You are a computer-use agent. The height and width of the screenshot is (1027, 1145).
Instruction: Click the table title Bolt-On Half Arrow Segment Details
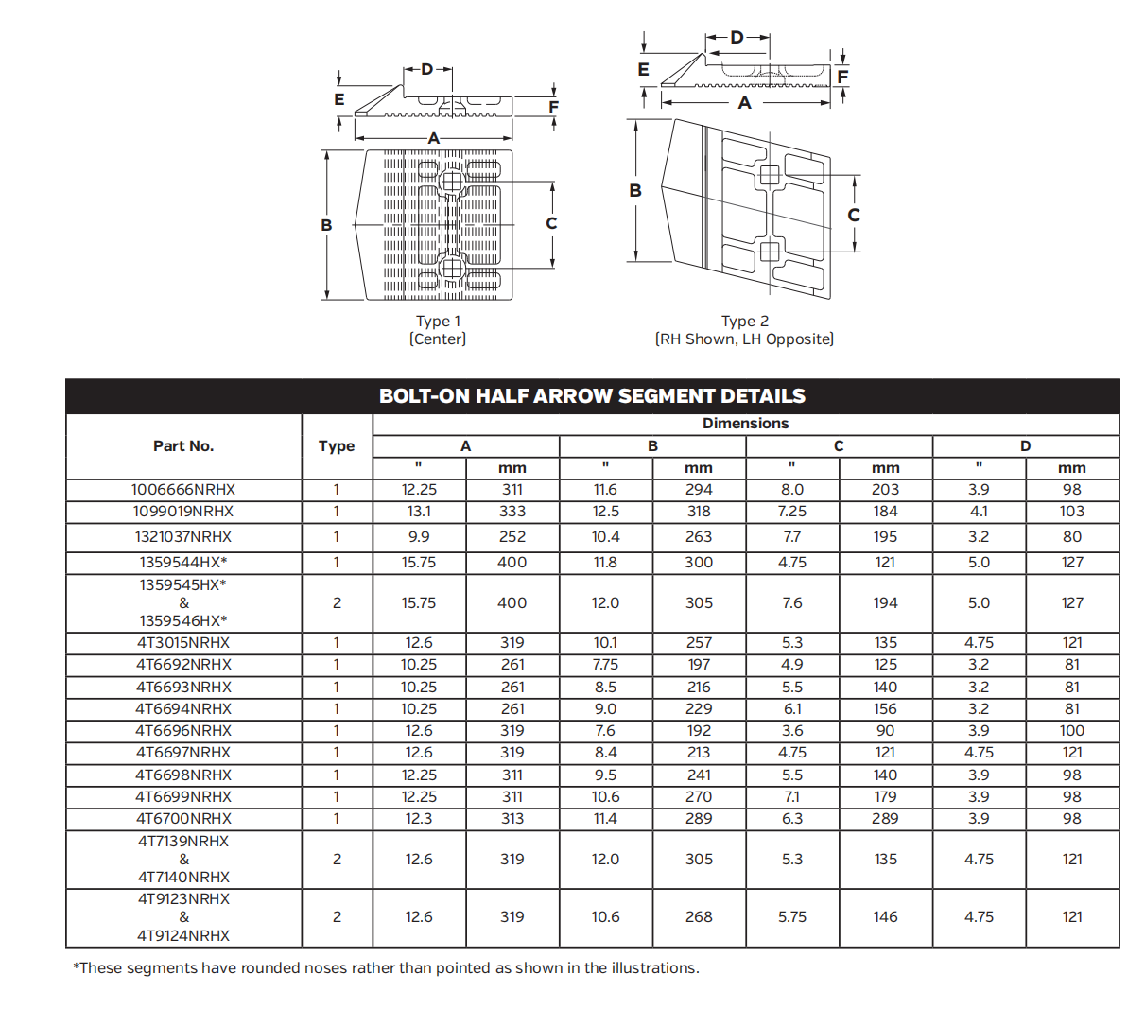[592, 396]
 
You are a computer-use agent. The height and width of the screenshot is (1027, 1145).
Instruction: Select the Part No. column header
[183, 446]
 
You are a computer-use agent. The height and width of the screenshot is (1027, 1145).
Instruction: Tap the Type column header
[337, 446]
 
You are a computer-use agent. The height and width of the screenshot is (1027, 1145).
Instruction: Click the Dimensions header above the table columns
[745, 424]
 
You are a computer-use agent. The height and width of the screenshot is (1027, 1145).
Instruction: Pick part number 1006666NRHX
[183, 490]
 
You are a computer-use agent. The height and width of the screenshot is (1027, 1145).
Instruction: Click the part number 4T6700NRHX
[183, 819]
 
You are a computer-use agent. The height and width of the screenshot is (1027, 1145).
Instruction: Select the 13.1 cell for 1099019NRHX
[419, 512]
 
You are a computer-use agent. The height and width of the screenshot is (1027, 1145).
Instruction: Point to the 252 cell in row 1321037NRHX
[512, 537]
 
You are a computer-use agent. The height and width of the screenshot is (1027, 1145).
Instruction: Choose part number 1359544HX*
[183, 563]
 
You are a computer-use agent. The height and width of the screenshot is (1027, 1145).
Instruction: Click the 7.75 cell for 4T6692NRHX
[605, 665]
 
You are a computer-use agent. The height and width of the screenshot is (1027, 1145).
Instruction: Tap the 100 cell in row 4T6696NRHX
[1072, 731]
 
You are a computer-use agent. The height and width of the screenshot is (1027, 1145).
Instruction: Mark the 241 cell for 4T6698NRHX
[699, 775]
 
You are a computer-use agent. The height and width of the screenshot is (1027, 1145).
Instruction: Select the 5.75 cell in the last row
[792, 917]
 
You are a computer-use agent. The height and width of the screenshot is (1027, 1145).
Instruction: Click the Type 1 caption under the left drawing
[438, 322]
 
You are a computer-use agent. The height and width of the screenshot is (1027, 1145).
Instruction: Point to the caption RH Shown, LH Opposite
[745, 339]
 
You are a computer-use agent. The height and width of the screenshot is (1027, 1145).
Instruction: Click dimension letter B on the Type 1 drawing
[326, 225]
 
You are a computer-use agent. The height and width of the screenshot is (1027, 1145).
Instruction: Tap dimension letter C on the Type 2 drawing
[854, 216]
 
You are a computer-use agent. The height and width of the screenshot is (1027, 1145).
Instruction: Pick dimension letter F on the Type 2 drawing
[842, 77]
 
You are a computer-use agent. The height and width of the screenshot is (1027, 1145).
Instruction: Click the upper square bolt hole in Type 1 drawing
[452, 181]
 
